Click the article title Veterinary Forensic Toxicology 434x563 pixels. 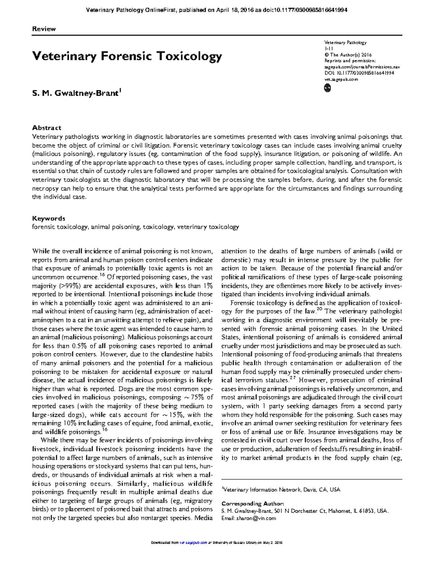tap(127, 56)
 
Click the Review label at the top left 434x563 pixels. tap(44, 29)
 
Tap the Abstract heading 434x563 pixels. tap(47, 128)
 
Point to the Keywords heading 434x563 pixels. tap(48, 218)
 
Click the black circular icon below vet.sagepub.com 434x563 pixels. tap(327, 88)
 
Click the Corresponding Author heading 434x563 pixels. tap(252, 503)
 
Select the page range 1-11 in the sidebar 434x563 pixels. tap(329, 48)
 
